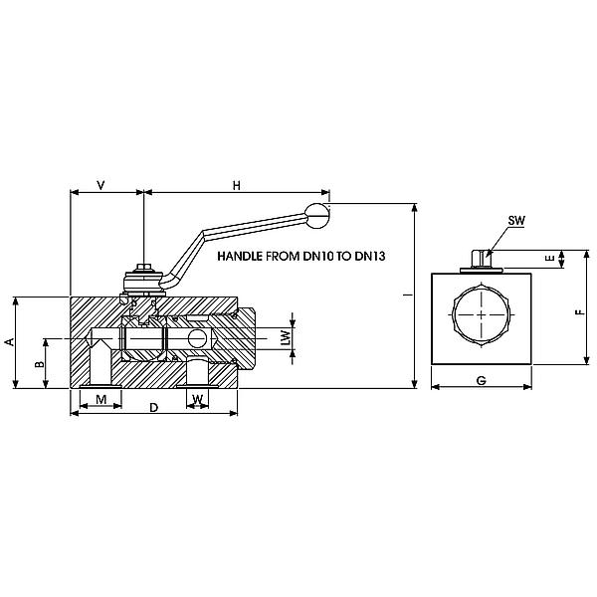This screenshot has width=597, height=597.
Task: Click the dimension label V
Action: pyautogui.click(x=100, y=185)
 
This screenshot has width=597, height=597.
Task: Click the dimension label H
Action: pyautogui.click(x=237, y=185)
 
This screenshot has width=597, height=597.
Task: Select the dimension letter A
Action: pyautogui.click(x=10, y=341)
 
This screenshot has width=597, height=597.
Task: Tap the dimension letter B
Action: pyautogui.click(x=39, y=364)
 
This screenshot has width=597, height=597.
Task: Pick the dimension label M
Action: pyautogui.click(x=100, y=399)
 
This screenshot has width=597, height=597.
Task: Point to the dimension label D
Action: pyautogui.click(x=153, y=408)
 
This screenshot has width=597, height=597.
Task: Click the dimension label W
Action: pyautogui.click(x=197, y=399)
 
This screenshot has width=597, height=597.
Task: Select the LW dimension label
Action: pyautogui.click(x=286, y=337)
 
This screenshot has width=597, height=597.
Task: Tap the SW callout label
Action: pyautogui.click(x=516, y=221)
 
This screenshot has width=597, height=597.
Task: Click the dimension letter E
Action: pyautogui.click(x=550, y=259)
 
